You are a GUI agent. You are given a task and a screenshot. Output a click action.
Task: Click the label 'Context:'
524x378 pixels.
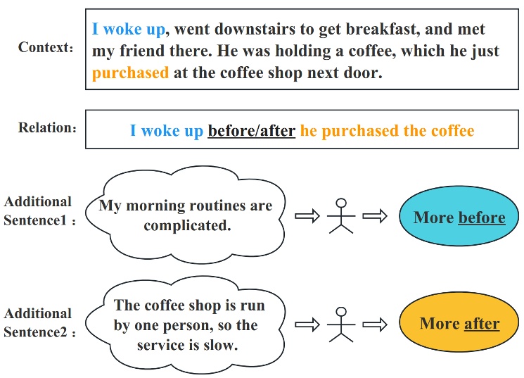pos(46,48)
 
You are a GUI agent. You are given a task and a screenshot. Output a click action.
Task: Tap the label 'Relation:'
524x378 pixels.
pos(47,128)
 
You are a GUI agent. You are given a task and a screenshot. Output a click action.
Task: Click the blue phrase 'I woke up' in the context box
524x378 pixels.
pos(129,30)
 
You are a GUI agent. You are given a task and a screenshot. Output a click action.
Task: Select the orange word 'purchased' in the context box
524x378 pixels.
pos(130,73)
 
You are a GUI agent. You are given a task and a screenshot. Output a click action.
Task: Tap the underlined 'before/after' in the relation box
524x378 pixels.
pos(251,131)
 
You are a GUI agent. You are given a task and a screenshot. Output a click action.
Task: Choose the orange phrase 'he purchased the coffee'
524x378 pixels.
pos(387,131)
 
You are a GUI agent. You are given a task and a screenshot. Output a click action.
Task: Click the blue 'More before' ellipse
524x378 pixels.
pos(459,217)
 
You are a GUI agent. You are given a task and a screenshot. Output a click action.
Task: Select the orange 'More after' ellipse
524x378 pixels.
pos(459,324)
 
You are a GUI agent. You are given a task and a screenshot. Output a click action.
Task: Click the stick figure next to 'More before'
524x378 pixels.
pos(341,217)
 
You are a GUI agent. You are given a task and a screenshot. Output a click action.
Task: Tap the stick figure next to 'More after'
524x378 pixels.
pos(341,325)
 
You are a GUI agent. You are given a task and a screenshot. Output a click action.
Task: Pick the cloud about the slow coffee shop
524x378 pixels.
pos(186,325)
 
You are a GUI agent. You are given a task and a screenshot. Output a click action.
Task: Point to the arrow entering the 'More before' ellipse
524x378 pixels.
pos(375,217)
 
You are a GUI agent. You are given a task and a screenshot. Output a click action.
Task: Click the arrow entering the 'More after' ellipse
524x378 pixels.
pos(375,325)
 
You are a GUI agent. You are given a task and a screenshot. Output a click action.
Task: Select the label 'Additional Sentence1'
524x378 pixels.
pos(38,210)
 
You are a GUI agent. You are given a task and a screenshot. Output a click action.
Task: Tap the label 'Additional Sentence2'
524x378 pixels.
pos(38,322)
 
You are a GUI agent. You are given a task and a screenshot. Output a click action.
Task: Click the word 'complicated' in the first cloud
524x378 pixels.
pos(187,225)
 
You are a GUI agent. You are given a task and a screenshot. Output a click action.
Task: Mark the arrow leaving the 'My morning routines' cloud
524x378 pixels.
pos(307,217)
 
